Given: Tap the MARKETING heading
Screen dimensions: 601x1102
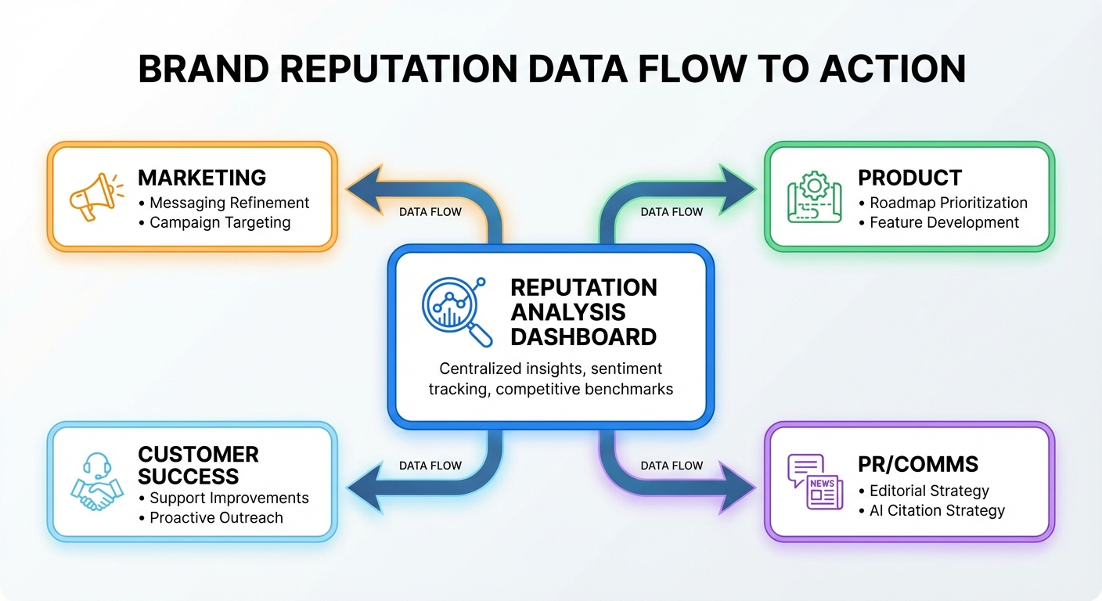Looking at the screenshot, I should click(202, 178).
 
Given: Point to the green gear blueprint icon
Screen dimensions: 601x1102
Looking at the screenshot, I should click(814, 196).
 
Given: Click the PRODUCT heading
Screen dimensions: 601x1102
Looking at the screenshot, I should click(909, 178).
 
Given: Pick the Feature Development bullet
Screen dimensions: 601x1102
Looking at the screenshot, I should click(944, 222).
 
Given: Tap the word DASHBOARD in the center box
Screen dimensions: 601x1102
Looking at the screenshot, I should click(583, 337).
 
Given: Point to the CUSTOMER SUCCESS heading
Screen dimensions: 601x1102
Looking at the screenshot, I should click(198, 466).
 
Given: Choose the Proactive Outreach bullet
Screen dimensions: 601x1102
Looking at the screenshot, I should click(216, 517).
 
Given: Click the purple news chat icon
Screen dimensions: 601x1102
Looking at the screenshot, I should click(815, 481).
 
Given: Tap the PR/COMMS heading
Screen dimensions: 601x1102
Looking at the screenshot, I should click(918, 465).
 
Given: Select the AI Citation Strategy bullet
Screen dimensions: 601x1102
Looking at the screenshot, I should click(937, 510).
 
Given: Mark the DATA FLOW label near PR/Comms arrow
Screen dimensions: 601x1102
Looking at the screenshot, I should click(672, 466).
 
